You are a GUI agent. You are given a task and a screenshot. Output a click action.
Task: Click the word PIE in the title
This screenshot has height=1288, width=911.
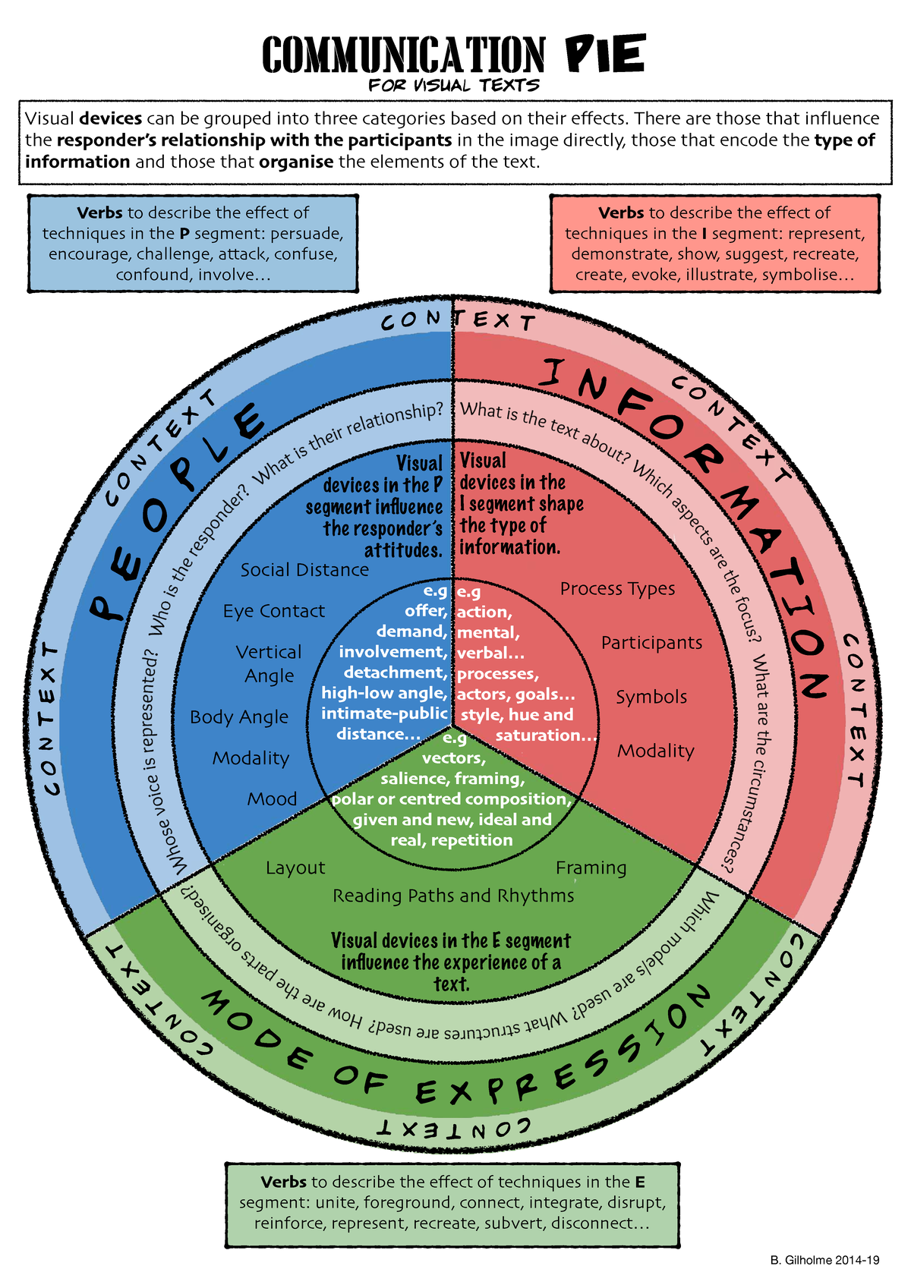pos(605,54)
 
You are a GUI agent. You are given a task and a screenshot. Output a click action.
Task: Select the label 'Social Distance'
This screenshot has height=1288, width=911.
pos(304,570)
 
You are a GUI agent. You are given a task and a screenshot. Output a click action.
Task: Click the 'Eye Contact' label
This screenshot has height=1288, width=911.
pos(273,611)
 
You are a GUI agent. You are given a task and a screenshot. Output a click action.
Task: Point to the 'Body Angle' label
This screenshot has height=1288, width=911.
pos(239,716)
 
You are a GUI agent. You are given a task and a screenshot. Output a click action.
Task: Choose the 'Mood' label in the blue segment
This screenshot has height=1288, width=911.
pos(272,799)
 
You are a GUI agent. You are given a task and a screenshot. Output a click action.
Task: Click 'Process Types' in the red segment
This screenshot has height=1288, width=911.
pos(617,589)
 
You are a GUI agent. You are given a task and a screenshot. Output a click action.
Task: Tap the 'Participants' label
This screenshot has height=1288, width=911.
pos(651,643)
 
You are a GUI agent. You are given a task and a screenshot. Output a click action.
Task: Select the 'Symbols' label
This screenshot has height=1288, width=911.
pos(651,697)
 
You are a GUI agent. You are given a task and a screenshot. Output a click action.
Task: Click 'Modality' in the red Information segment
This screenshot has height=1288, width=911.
pos(655,751)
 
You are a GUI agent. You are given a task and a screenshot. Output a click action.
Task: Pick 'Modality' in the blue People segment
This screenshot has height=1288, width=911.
pos(251,758)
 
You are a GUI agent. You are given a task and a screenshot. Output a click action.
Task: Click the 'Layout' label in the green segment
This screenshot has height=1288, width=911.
pos(295,868)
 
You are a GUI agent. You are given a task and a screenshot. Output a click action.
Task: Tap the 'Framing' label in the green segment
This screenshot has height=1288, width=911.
pos(591,868)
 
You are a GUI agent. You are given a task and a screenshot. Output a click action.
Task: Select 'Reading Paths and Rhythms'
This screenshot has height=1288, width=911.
pos(453,896)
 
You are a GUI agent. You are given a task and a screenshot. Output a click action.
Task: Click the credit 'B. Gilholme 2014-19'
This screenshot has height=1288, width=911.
pos(824,1260)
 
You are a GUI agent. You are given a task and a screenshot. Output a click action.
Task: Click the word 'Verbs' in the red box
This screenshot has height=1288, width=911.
pos(621,213)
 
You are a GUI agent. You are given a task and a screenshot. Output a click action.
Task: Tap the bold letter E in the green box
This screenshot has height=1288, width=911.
pos(640,1182)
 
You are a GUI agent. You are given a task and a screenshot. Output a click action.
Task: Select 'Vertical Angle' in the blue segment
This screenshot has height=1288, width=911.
pos(269,663)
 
